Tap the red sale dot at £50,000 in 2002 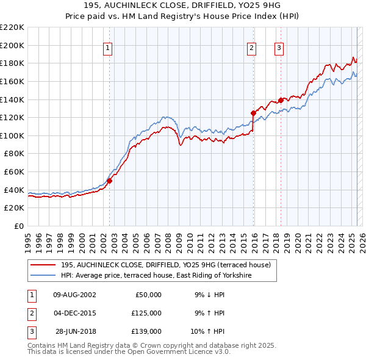coord(110,181)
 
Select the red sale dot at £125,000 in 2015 coord(253,113)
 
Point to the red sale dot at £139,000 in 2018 coord(281,100)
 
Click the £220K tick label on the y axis coord(12,27)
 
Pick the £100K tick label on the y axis coord(12,135)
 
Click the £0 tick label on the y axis coord(18,226)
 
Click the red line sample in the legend coord(43,264)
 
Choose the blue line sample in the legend coord(43,275)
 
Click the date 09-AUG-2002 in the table coord(74,294)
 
